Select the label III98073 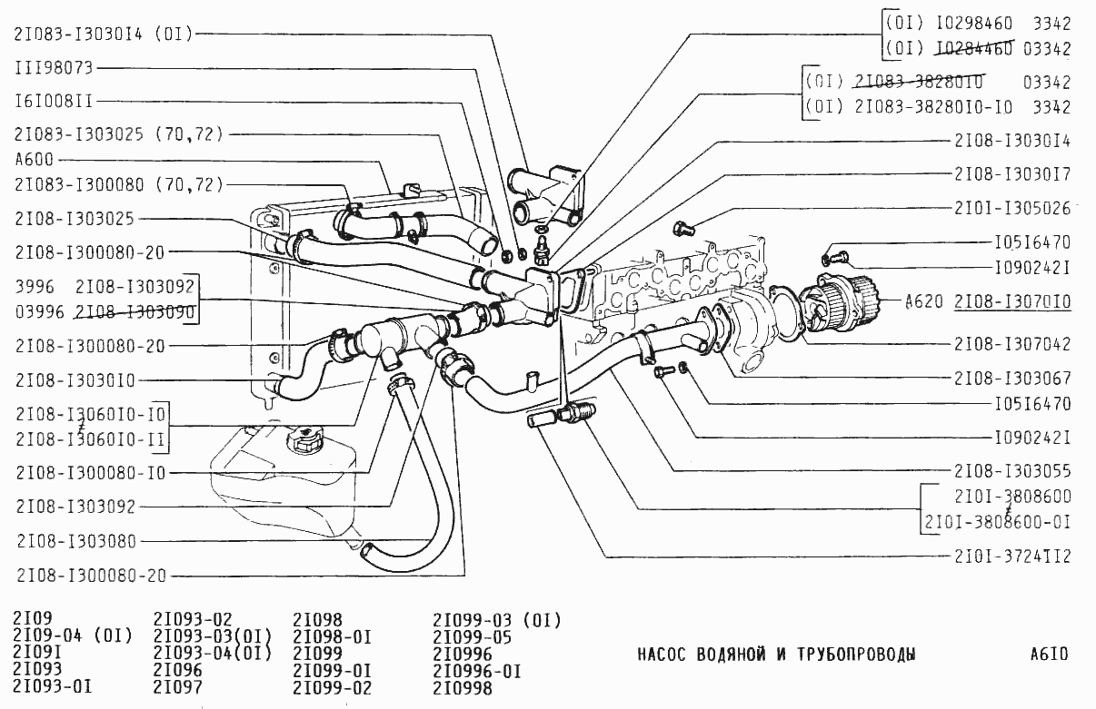tap(54, 68)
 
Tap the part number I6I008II tap(54, 101)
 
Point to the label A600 tap(35, 160)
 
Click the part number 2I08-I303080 tap(76, 542)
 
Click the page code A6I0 tap(1050, 655)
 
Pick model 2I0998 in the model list tap(463, 687)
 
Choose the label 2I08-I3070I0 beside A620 tap(1012, 301)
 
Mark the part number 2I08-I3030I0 tap(76, 380)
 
